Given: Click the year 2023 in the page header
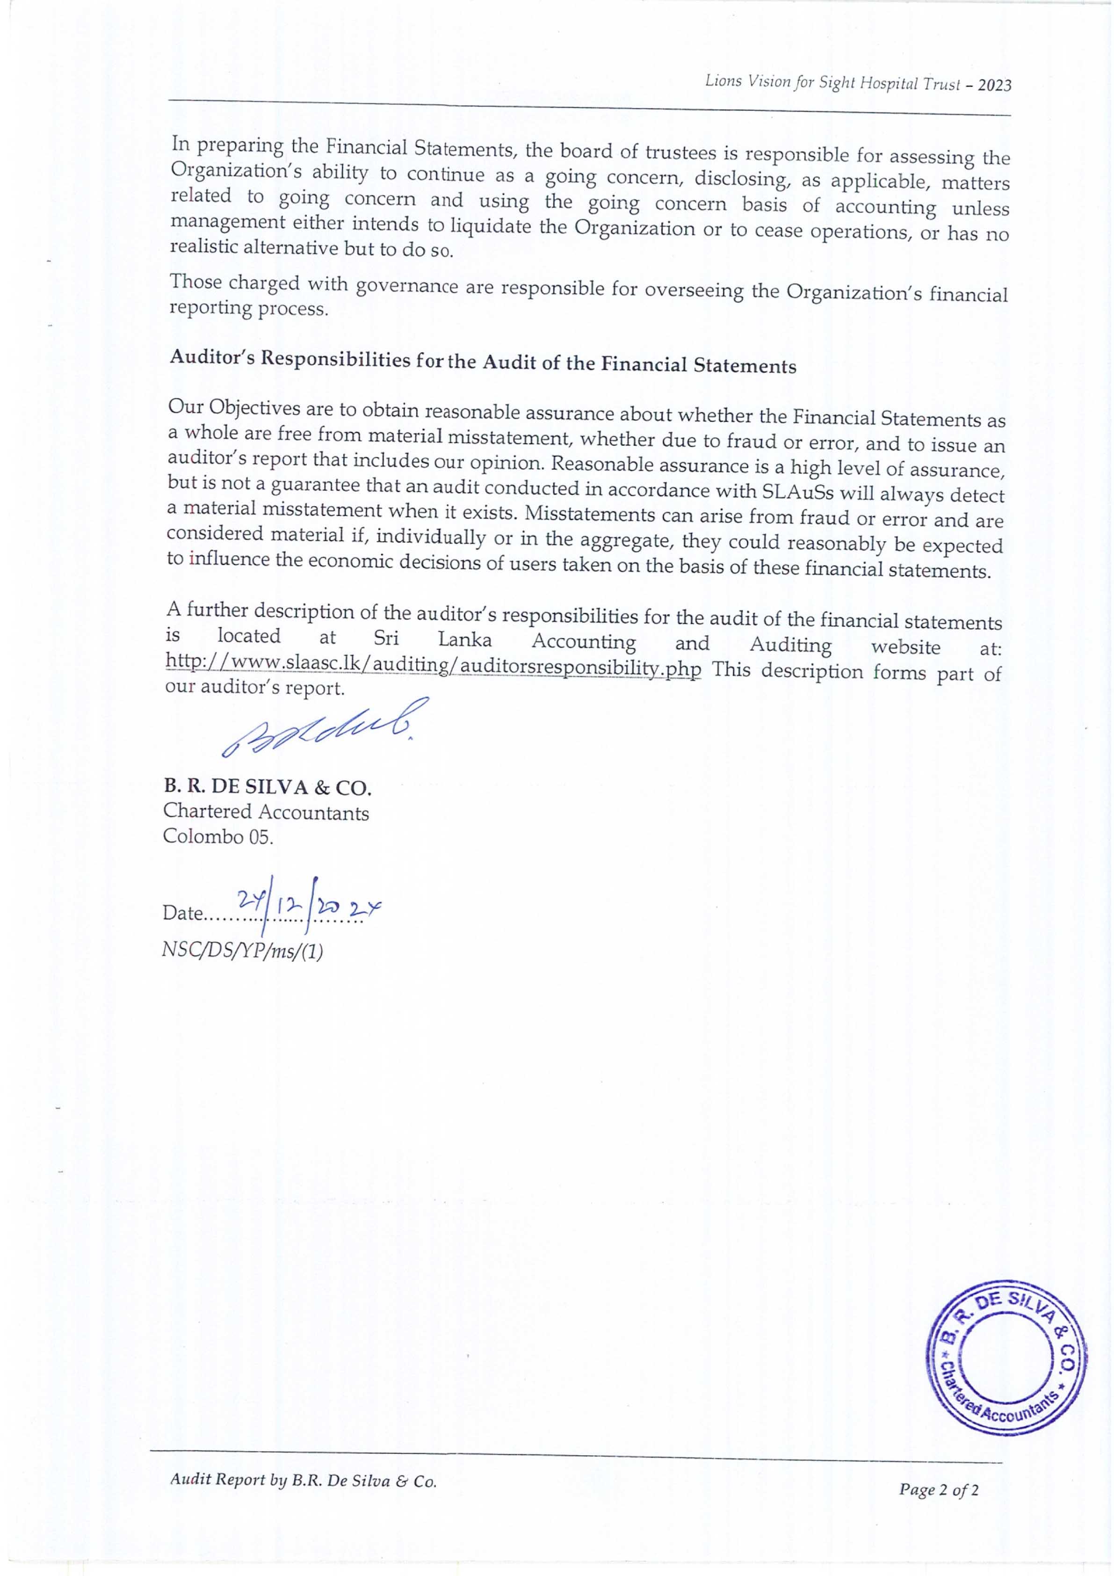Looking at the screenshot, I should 995,85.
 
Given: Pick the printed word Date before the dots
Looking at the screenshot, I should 182,914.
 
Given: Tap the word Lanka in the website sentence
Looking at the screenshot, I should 465,640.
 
